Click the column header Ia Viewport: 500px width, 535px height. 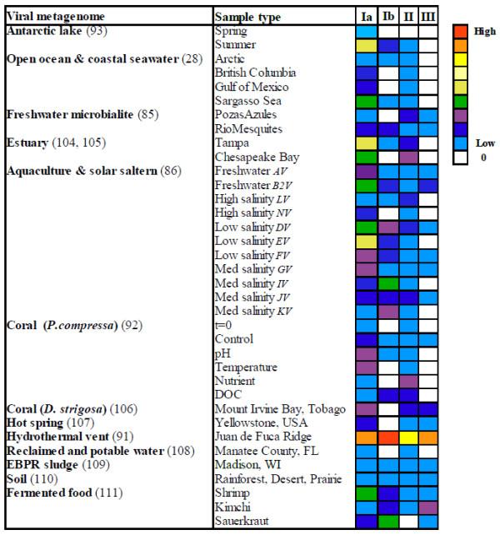pos(367,17)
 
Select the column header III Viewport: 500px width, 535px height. pos(427,17)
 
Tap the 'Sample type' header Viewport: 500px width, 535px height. pos(247,17)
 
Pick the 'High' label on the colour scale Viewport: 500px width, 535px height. pos(484,31)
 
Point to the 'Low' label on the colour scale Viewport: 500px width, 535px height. pos(484,142)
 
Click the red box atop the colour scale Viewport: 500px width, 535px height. pos(461,31)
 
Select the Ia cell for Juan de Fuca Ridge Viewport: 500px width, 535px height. pos(367,437)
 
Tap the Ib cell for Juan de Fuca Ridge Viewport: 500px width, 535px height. pos(387,437)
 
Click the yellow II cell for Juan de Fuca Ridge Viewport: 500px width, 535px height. pos(408,437)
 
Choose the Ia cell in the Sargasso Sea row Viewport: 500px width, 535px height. pos(367,101)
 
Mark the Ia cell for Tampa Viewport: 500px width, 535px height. pos(367,142)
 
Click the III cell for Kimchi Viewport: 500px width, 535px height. pos(427,507)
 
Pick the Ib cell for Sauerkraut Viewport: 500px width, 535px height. pos(387,521)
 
